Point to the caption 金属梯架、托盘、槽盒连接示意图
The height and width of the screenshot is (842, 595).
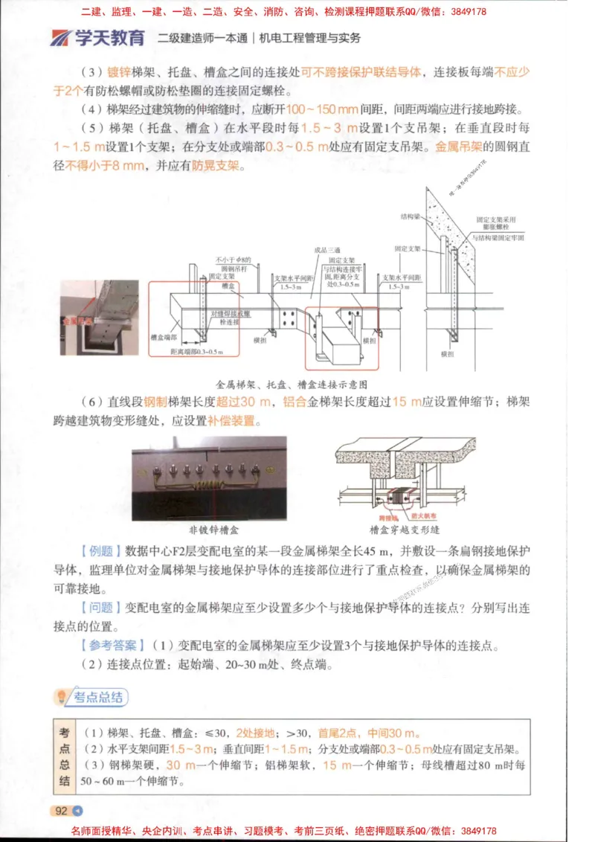click(x=292, y=385)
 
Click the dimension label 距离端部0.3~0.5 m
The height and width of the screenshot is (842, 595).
click(x=193, y=350)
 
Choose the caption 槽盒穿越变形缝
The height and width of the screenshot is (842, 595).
click(x=405, y=531)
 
